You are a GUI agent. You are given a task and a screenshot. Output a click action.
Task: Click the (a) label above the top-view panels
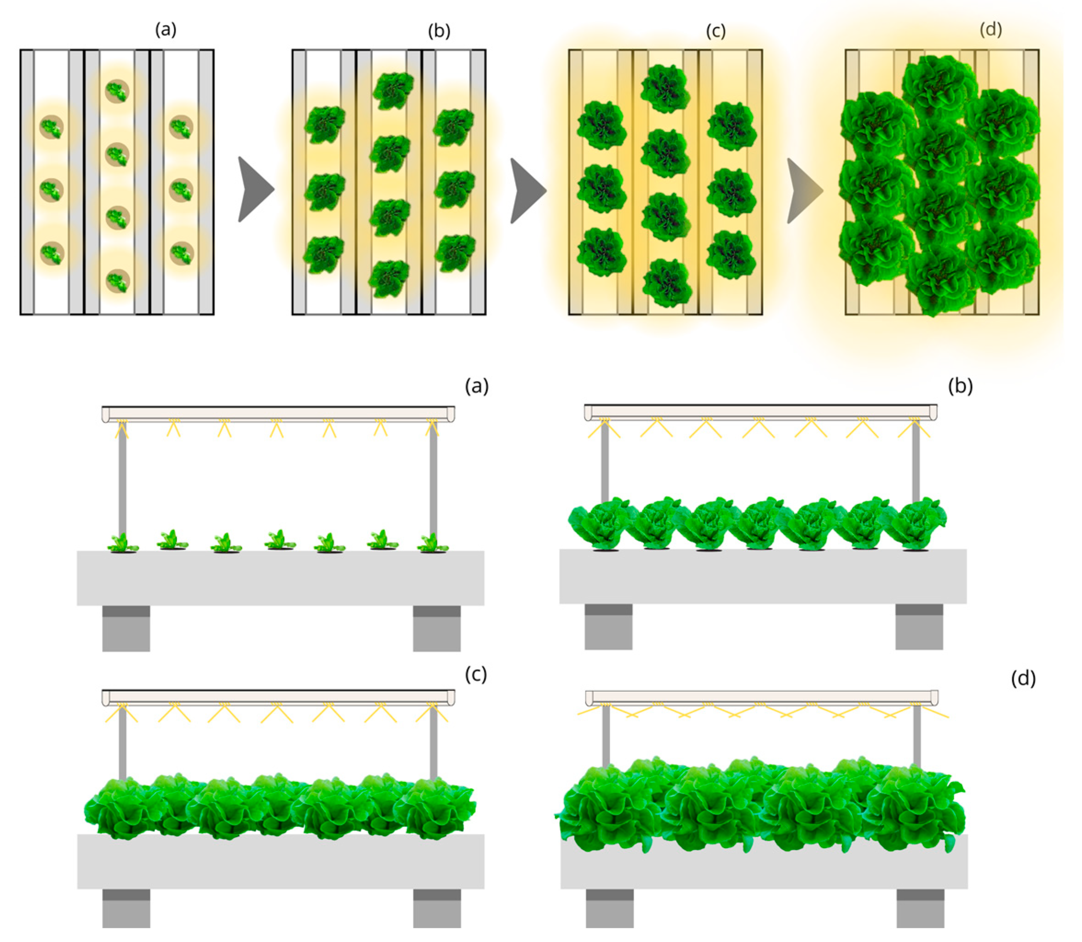point(166,30)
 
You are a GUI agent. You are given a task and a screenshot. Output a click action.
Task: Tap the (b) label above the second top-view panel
point(439,32)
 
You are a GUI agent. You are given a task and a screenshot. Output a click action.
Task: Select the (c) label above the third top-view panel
point(715,32)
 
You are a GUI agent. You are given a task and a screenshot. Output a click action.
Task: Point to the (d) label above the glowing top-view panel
point(990,29)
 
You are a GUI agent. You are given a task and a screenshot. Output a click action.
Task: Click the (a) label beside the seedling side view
point(477,386)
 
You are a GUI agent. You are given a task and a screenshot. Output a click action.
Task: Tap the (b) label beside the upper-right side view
point(960,386)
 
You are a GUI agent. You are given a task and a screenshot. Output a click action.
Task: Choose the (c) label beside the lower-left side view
point(475,674)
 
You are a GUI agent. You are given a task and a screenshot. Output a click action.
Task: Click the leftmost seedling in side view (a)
point(123,542)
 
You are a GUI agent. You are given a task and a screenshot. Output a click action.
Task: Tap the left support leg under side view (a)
point(126,628)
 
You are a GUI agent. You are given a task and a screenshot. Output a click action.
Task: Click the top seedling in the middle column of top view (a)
point(117,92)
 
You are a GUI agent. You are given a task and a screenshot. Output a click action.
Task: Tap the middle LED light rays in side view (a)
point(276,428)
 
